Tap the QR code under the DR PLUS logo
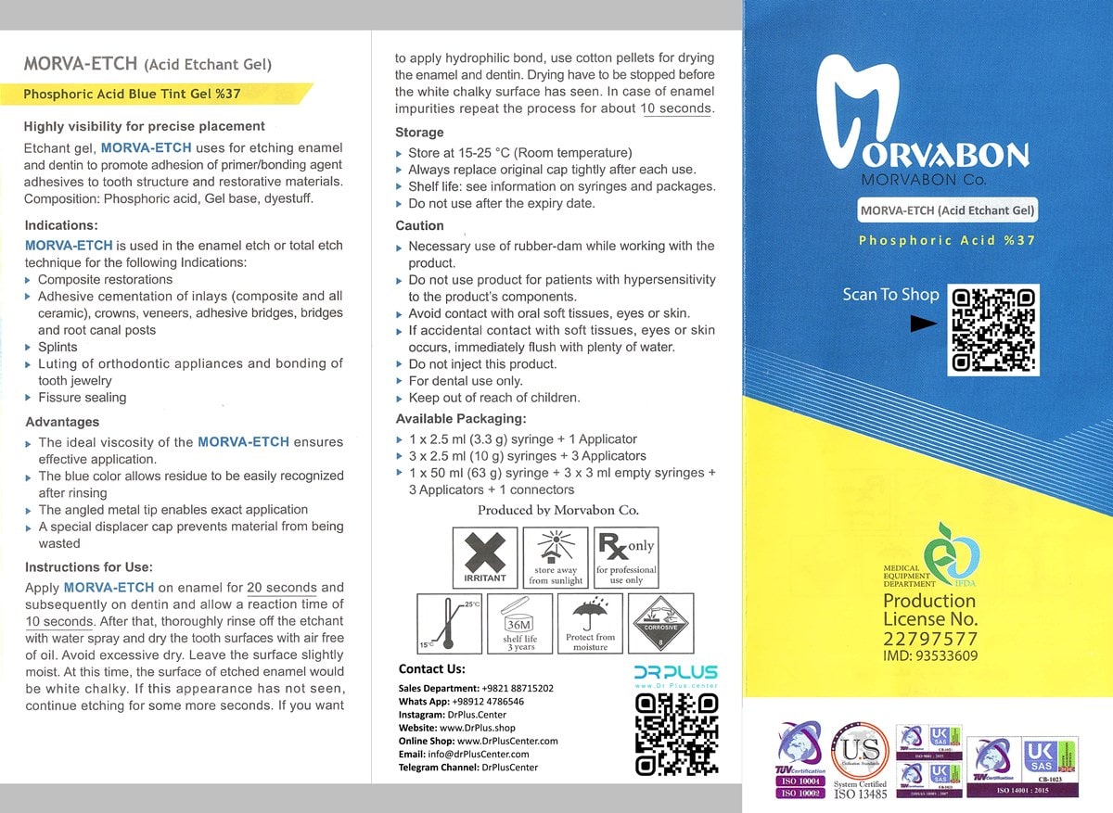tap(676, 733)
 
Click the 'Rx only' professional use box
tap(626, 557)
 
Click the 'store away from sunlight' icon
tap(555, 557)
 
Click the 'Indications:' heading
tap(61, 225)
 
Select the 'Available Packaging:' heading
tap(460, 419)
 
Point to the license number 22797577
tap(928, 638)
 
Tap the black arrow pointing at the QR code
tap(924, 324)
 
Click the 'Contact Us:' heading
tap(431, 669)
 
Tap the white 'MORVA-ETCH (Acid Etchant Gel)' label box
tap(947, 210)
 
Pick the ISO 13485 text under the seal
tap(860, 794)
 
